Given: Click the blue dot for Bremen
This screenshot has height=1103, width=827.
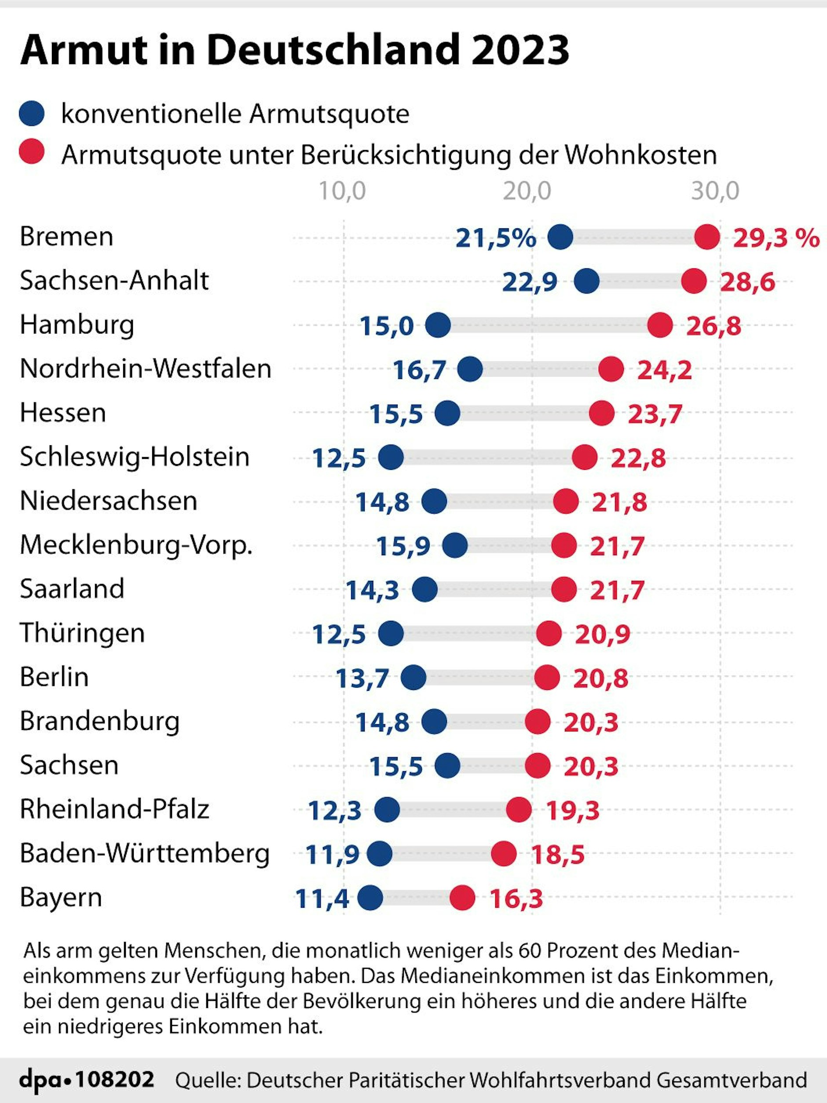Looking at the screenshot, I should tap(560, 237).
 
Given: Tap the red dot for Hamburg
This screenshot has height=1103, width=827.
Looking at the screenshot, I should tap(660, 325).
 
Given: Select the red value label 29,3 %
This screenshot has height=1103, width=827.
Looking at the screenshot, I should tap(776, 238).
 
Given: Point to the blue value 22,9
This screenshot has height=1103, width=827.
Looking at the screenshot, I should tap(530, 282).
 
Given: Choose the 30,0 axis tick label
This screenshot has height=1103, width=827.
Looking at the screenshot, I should tap(715, 191).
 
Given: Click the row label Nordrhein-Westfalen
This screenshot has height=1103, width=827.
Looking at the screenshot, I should tap(146, 369).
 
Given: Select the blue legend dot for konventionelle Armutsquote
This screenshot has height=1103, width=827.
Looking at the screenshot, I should tap(32, 113).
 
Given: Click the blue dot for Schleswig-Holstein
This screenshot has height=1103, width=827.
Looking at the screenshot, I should tap(391, 457).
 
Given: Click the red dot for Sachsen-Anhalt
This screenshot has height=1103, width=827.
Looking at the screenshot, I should tap(694, 281).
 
